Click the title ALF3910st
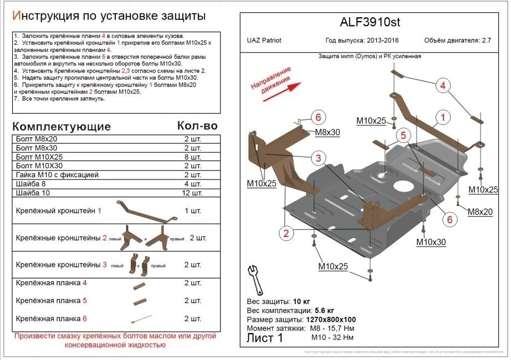[x=369, y=23]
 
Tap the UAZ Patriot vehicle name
[x=263, y=40]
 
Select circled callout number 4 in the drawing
[x=443, y=85]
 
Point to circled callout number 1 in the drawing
[x=443, y=117]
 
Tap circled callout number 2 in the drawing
[x=286, y=233]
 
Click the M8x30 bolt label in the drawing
[x=327, y=132]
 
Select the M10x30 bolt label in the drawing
[x=431, y=242]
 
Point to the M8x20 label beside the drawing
[x=480, y=212]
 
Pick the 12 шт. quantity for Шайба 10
[x=193, y=193]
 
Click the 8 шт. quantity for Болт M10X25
[x=193, y=157]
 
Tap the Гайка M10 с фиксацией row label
[x=58, y=175]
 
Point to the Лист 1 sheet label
[x=264, y=337]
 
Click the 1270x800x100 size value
[x=330, y=320]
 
